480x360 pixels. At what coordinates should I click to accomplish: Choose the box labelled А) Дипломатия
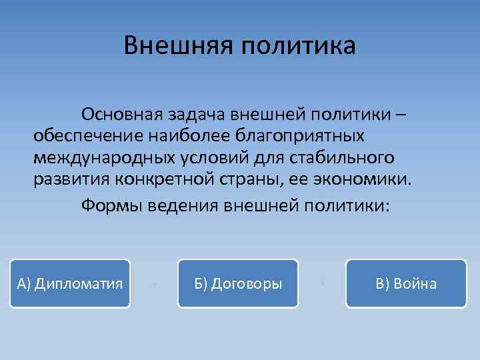coord(70,283)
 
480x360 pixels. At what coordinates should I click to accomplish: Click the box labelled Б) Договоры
coord(238,283)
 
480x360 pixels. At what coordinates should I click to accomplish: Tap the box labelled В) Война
coord(406,283)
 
